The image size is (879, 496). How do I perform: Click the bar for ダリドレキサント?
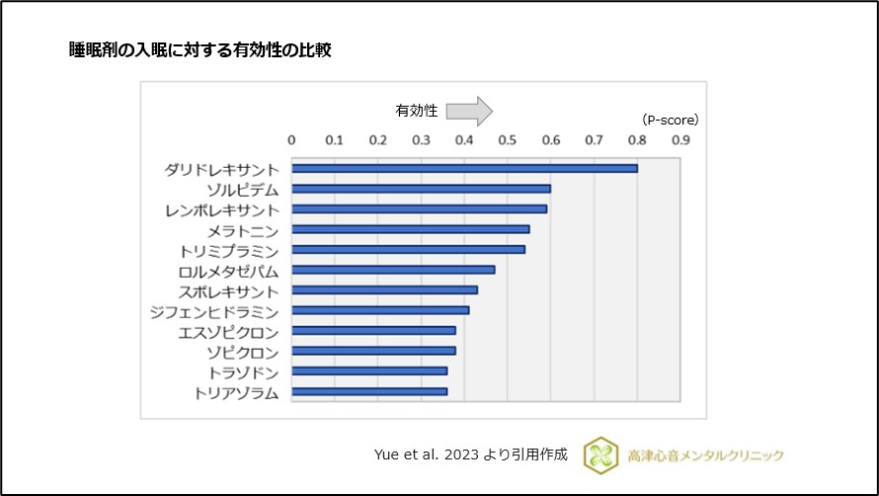coord(464,169)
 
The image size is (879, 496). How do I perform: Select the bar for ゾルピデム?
coord(421,189)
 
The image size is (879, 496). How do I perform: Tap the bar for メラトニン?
coord(410,229)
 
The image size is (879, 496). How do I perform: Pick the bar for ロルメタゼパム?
coord(393,270)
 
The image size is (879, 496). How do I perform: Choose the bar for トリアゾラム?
coord(369,391)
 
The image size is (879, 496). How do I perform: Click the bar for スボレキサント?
coord(384,290)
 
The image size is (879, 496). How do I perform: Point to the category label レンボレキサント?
coord(222,209)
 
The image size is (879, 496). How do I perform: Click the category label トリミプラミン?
coord(229,250)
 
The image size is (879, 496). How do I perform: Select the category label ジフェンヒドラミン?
coord(222,311)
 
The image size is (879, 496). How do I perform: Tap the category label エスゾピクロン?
coord(228,332)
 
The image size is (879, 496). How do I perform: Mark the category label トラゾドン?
coord(243,372)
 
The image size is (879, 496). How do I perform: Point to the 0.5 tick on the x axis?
coord(508,140)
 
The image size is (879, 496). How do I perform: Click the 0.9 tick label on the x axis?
coord(680,140)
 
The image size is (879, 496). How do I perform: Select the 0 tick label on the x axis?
coord(291,140)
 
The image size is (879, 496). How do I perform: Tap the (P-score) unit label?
coord(670,120)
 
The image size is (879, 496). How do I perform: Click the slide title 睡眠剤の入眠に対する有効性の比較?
coord(199,50)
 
